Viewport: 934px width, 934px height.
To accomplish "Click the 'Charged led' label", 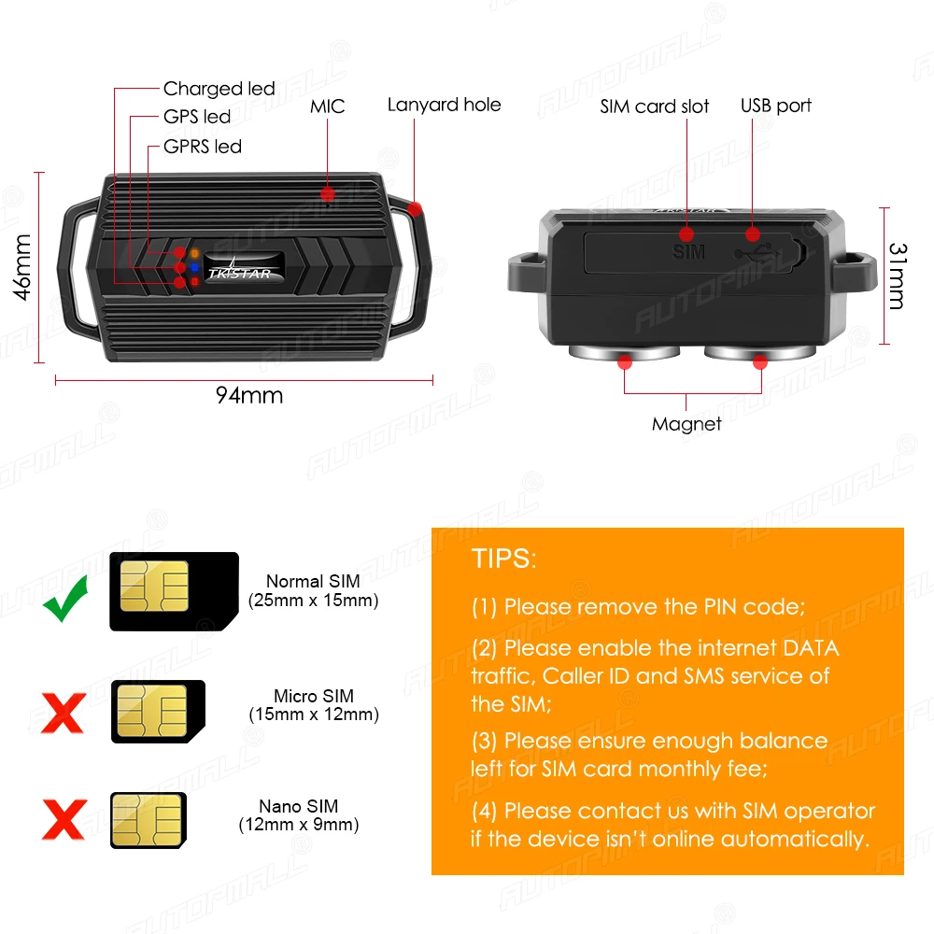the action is tap(219, 89).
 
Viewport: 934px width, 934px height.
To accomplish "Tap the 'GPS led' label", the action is tap(196, 117).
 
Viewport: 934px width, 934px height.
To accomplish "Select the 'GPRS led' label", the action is tap(202, 147).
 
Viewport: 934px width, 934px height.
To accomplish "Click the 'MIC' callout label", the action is tap(327, 106).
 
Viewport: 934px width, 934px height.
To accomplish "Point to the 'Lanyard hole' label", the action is tap(444, 105).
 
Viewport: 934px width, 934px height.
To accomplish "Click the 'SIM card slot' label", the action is tap(654, 106).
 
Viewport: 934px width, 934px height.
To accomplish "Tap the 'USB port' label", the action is tap(775, 106).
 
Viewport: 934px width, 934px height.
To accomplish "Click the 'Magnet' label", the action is tap(686, 424).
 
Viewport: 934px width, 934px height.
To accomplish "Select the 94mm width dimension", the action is tap(248, 395).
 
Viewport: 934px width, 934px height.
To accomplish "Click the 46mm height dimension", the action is tap(23, 266).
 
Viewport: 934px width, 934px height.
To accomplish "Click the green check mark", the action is tap(66, 599).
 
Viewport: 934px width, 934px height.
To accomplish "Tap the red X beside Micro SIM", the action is tap(64, 713).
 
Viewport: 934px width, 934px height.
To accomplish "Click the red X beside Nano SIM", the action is tap(64, 820).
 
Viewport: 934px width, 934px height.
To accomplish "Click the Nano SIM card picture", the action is tap(149, 820).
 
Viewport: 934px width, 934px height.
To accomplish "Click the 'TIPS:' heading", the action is tap(504, 559).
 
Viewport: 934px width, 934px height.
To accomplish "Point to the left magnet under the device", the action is tap(624, 354).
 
